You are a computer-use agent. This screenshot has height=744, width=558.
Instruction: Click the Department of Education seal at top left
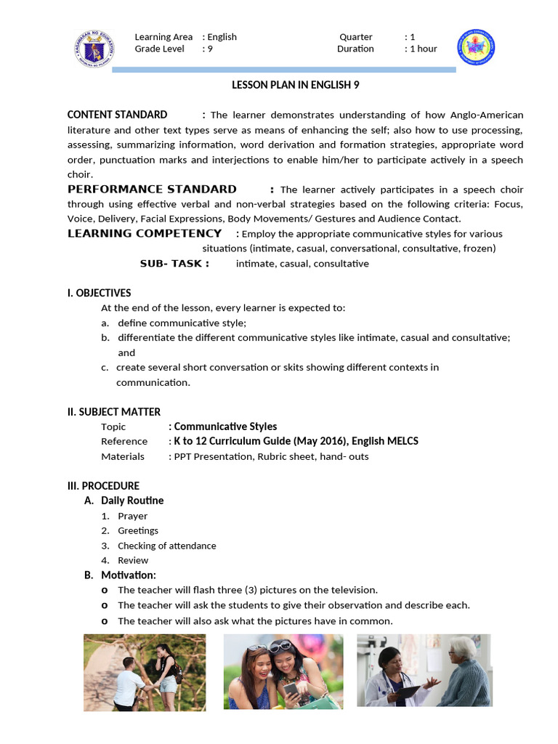tap(94, 47)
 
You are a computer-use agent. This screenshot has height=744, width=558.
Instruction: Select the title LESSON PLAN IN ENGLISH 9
tap(295, 85)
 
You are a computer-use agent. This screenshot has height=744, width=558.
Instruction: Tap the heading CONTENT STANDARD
tap(117, 115)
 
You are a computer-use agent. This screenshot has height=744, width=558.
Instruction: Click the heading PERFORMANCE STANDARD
tap(152, 189)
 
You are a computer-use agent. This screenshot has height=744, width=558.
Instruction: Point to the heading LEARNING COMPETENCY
tap(145, 233)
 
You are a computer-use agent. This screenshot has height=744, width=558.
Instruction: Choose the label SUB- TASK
tap(174, 264)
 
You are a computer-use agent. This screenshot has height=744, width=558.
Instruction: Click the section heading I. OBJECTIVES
tap(100, 293)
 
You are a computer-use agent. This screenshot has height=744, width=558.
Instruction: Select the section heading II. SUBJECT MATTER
tap(114, 412)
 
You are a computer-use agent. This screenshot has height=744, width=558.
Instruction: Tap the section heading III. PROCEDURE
tap(103, 485)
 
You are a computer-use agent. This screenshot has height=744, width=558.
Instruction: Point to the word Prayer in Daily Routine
tap(132, 516)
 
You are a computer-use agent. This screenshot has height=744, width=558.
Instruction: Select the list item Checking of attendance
tap(166, 546)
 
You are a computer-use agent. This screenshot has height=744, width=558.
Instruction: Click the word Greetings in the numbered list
tap(137, 530)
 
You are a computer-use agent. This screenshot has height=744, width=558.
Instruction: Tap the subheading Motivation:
tap(129, 575)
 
